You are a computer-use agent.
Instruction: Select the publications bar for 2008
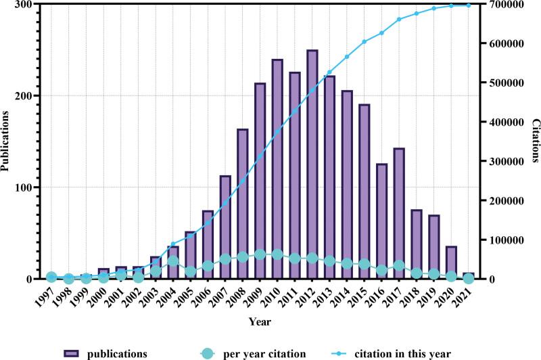click(x=242, y=204)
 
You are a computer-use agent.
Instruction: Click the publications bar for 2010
click(x=277, y=169)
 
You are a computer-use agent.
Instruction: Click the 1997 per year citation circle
click(x=51, y=277)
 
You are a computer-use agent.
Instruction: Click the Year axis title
click(x=260, y=321)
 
